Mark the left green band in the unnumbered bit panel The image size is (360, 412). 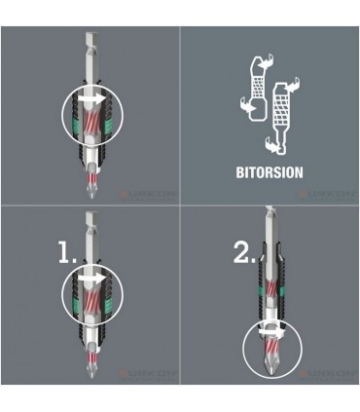tap(69, 118)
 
